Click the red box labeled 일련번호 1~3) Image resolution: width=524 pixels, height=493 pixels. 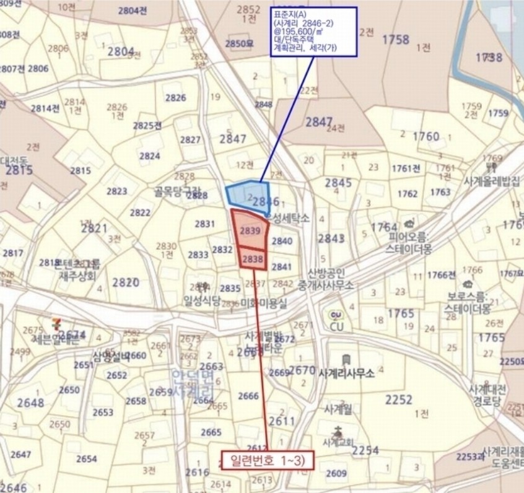[268, 460]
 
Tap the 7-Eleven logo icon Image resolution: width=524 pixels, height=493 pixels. [58, 325]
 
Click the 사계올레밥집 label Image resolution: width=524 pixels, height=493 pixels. [491, 181]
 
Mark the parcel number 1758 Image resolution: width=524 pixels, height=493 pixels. [395, 40]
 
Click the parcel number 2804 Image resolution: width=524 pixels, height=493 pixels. [120, 51]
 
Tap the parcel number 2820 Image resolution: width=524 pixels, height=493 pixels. [126, 282]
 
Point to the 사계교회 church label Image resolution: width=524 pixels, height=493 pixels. [338, 442]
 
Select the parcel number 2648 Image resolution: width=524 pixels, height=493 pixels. [30, 403]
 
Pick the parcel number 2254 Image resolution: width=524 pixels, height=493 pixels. [365, 450]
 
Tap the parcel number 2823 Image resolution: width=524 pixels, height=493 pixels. [116, 191]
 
